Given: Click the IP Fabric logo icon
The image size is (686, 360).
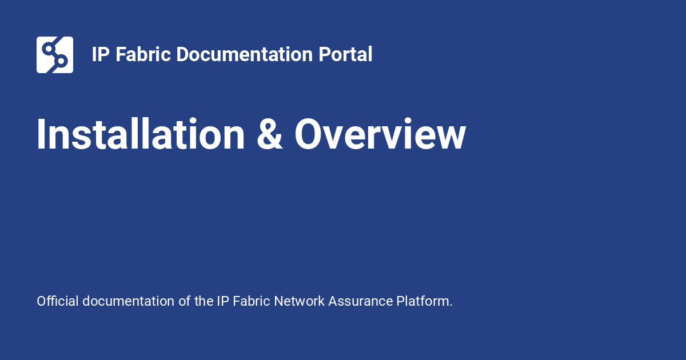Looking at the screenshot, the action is point(55,55).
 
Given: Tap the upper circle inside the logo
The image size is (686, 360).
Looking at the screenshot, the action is point(49,49).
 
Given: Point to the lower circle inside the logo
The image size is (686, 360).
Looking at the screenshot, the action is point(61,61).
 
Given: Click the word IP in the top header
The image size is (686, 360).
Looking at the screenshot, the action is point(101,54).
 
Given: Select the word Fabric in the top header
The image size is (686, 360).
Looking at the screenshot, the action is point(143,54).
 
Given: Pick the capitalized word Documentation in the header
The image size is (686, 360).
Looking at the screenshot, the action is point(245,54).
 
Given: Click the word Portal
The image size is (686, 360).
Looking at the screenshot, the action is point(345,54).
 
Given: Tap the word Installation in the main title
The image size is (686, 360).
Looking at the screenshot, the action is point(141,134).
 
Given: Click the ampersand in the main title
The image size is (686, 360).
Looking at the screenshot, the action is point(269,134).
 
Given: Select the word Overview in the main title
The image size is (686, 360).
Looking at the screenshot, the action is point(380,134).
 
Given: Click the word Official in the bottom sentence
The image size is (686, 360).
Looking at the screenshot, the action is point(58,301).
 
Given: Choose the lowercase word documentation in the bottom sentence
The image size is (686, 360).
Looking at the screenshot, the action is point(128,301).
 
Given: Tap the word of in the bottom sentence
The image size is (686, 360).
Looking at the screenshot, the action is point(184,301).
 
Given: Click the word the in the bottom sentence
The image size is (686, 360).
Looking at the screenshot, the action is point(204,301).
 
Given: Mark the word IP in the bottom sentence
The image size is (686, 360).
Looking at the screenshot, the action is point(223,301).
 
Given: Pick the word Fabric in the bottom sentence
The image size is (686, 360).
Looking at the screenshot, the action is point(252,301).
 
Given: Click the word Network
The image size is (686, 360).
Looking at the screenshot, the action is point(299,301).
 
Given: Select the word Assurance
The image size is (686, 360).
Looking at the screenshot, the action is point(361,301).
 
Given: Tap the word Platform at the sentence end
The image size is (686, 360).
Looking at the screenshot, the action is point(423,301).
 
